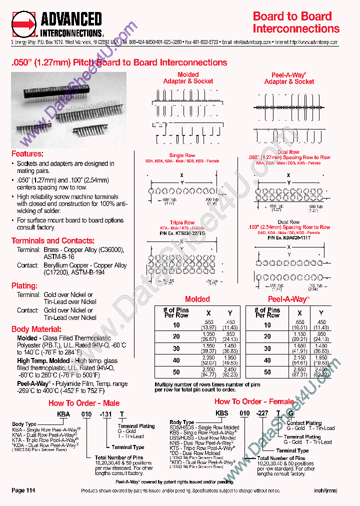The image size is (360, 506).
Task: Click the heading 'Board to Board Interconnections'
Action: (x=296, y=22)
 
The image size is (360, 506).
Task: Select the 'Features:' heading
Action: (x=27, y=153)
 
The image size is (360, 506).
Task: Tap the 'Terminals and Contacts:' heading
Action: (x=52, y=240)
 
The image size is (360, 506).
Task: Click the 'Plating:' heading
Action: (x=24, y=285)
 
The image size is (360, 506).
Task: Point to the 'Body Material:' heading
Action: (x=36, y=329)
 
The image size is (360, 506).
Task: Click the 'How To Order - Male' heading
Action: (x=83, y=403)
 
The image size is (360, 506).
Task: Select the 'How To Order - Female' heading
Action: (x=254, y=401)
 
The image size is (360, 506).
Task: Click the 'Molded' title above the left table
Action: (x=197, y=299)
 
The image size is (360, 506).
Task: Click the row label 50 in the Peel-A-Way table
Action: (x=267, y=372)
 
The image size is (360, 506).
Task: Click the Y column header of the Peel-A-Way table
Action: (x=321, y=312)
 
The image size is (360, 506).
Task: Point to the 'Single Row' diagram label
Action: (x=182, y=155)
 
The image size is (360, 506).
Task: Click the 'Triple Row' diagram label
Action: (x=182, y=222)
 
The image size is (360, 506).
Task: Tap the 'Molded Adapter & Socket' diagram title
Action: (x=188, y=78)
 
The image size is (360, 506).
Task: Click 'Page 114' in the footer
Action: (x=23, y=490)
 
